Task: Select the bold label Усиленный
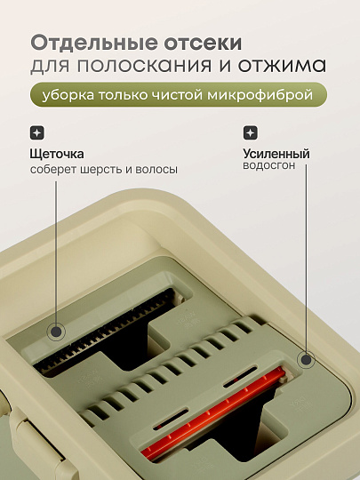click(276, 154)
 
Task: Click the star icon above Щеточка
click(36, 132)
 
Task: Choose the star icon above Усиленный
click(250, 132)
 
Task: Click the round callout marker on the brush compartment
click(56, 332)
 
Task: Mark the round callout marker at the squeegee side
click(308, 359)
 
